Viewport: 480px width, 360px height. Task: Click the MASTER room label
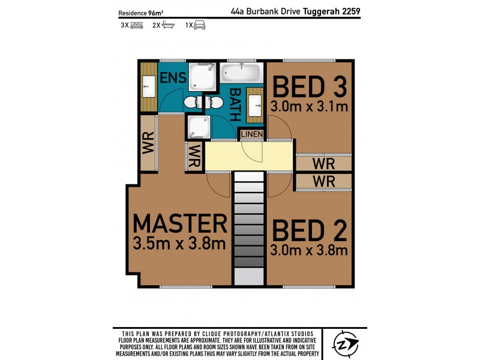click(180, 223)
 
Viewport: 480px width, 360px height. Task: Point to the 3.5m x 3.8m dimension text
click(180, 244)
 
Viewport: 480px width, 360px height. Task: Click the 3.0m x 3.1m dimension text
click(310, 107)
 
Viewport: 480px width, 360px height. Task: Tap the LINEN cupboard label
click(251, 134)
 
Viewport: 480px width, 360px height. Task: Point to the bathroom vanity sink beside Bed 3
click(256, 103)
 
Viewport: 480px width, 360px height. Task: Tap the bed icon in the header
click(137, 25)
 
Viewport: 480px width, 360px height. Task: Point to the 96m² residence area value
click(157, 12)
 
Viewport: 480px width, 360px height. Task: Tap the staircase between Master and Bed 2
click(248, 228)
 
